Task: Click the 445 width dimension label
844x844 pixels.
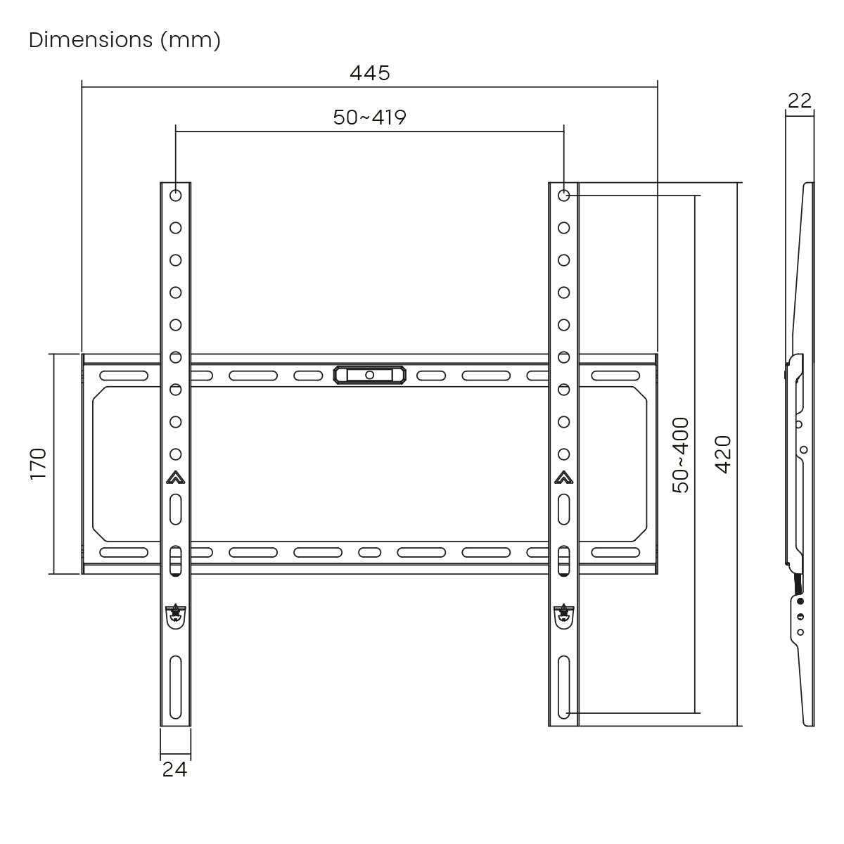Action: click(370, 73)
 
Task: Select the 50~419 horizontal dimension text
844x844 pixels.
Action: click(370, 117)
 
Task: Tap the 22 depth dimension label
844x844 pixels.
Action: click(799, 101)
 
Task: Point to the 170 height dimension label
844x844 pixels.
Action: click(39, 463)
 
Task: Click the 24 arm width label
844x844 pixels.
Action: click(174, 769)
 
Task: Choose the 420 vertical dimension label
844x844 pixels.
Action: click(723, 454)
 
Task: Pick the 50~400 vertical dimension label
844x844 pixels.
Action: click(681, 456)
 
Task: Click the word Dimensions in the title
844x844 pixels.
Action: click(91, 40)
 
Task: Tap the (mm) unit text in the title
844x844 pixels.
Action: click(191, 41)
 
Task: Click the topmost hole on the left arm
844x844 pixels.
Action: click(176, 196)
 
